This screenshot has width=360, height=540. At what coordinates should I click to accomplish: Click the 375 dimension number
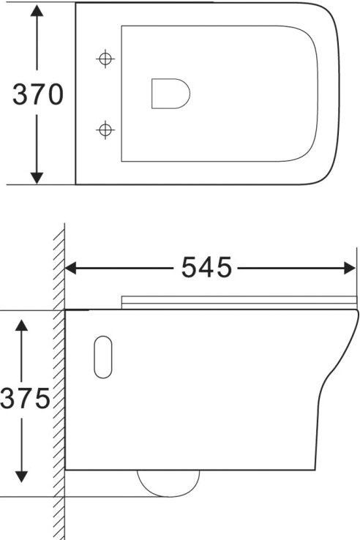click(x=24, y=399)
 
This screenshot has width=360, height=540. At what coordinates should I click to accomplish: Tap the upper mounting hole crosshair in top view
click(x=106, y=58)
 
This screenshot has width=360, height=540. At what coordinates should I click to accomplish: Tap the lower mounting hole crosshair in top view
click(x=106, y=130)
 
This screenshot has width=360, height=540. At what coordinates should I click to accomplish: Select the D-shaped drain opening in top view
click(x=170, y=94)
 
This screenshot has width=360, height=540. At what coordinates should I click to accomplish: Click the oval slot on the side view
click(x=104, y=357)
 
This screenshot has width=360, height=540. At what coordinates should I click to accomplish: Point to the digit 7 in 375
click(x=24, y=399)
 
